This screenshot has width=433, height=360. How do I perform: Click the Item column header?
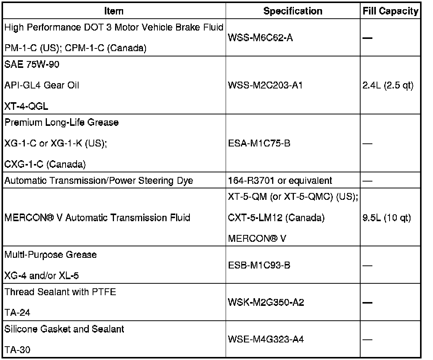tap(114, 11)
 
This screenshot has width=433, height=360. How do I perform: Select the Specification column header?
tap(293, 11)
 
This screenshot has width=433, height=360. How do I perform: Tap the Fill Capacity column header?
tap(390, 11)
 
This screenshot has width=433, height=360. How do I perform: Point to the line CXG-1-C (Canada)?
tap(45, 164)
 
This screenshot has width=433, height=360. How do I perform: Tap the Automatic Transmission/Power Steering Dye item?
tap(99, 181)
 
